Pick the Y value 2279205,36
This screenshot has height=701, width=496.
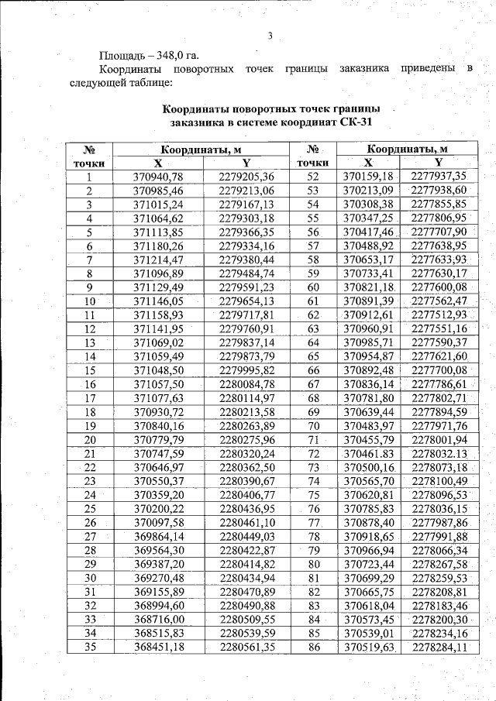(246, 177)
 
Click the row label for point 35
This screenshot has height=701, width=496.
(90, 647)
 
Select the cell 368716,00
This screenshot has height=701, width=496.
(158, 619)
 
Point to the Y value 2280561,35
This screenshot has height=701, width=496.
(246, 647)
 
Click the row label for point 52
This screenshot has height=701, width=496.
(314, 177)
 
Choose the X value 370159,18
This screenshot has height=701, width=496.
(370, 177)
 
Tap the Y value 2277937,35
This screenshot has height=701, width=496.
(439, 177)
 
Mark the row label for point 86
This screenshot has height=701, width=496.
(314, 647)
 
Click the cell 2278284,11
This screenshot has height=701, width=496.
(439, 647)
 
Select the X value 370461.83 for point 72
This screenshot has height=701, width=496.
(370, 453)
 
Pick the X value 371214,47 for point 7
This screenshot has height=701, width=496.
(158, 259)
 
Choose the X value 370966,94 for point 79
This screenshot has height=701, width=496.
(370, 550)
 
